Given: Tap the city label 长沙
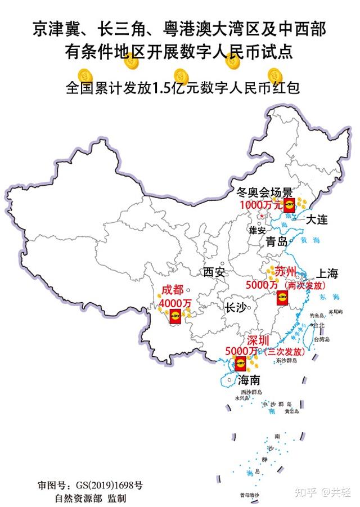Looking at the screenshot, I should click(x=235, y=308).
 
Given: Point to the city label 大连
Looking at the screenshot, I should click(x=317, y=220).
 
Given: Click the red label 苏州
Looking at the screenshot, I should click(x=286, y=272).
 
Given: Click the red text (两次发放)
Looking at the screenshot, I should click(x=307, y=285).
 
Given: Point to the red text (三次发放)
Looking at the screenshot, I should click(x=285, y=352).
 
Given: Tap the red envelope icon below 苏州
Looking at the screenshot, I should click(x=281, y=297).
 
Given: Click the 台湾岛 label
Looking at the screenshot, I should click(x=322, y=339).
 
